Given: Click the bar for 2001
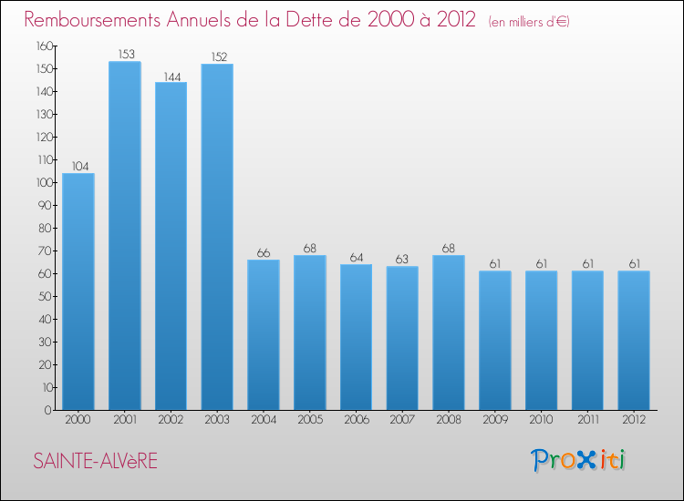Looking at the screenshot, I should coord(125,236).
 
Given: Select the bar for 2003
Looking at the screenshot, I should coord(217,237).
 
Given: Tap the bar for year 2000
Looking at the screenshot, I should coord(78,291).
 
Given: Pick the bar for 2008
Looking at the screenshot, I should coord(449,332).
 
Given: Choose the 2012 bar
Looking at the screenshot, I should coord(634,341).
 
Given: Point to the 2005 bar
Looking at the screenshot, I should coord(310,332).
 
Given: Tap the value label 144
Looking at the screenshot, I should coord(171,76).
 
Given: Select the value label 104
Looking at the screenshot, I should coord(78,167).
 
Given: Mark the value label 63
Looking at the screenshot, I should coord(402,260).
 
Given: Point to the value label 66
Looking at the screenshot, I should coord(264,253).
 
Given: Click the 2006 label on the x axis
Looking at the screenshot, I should coord(357,421).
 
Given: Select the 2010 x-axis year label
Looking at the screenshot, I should coord(542,421).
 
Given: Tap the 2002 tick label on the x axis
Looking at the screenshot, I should coord(171,421).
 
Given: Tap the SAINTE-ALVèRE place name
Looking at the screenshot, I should coord(95,462).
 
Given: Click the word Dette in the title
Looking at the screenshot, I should coord(317,19).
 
